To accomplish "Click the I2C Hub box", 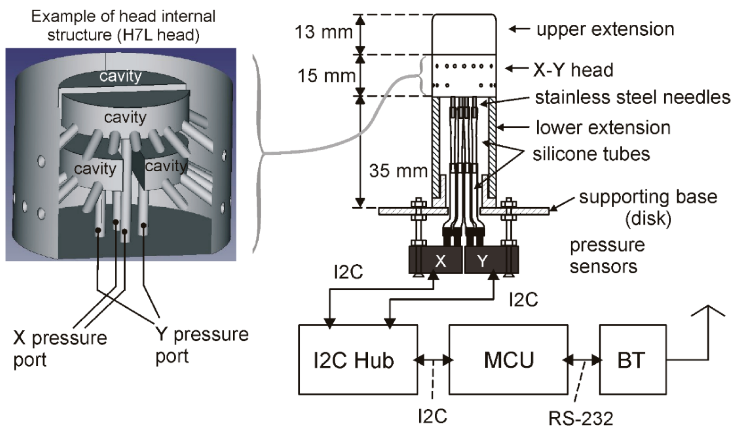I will click(x=358, y=360).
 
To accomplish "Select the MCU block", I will click(x=508, y=360).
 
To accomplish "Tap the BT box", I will click(x=633, y=360).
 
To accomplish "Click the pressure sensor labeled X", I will click(x=440, y=261).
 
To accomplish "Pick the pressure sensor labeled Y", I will click(x=483, y=261).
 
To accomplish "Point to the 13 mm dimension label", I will click(x=324, y=32).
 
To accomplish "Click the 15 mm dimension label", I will click(x=326, y=75).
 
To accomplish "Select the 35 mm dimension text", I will click(x=398, y=171).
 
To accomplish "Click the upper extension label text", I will click(x=605, y=29).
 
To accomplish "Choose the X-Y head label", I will click(x=573, y=70).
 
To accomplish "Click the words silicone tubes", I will click(x=591, y=154).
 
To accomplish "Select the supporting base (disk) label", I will click(x=648, y=207).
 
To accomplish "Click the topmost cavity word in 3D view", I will click(x=120, y=76).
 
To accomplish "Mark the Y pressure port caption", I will click(x=202, y=345).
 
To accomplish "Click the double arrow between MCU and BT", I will click(x=583, y=360).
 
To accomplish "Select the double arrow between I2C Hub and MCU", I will click(x=433, y=360).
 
